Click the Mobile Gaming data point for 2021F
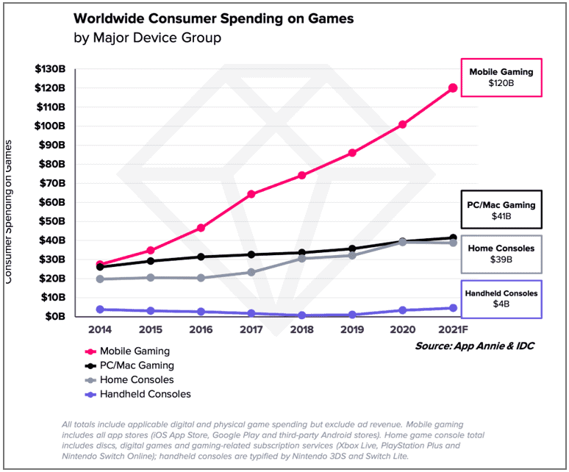click(453, 88)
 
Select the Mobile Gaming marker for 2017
click(251, 194)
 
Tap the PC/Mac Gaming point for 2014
click(99, 267)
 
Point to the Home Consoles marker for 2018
click(301, 258)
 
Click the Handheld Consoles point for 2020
click(402, 310)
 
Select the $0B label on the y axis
click(56, 316)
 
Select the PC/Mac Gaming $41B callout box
click(501, 210)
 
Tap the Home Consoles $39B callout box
click(501, 254)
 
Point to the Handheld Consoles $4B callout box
click(501, 299)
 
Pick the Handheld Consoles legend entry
click(139, 394)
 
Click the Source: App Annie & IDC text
click(473, 346)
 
